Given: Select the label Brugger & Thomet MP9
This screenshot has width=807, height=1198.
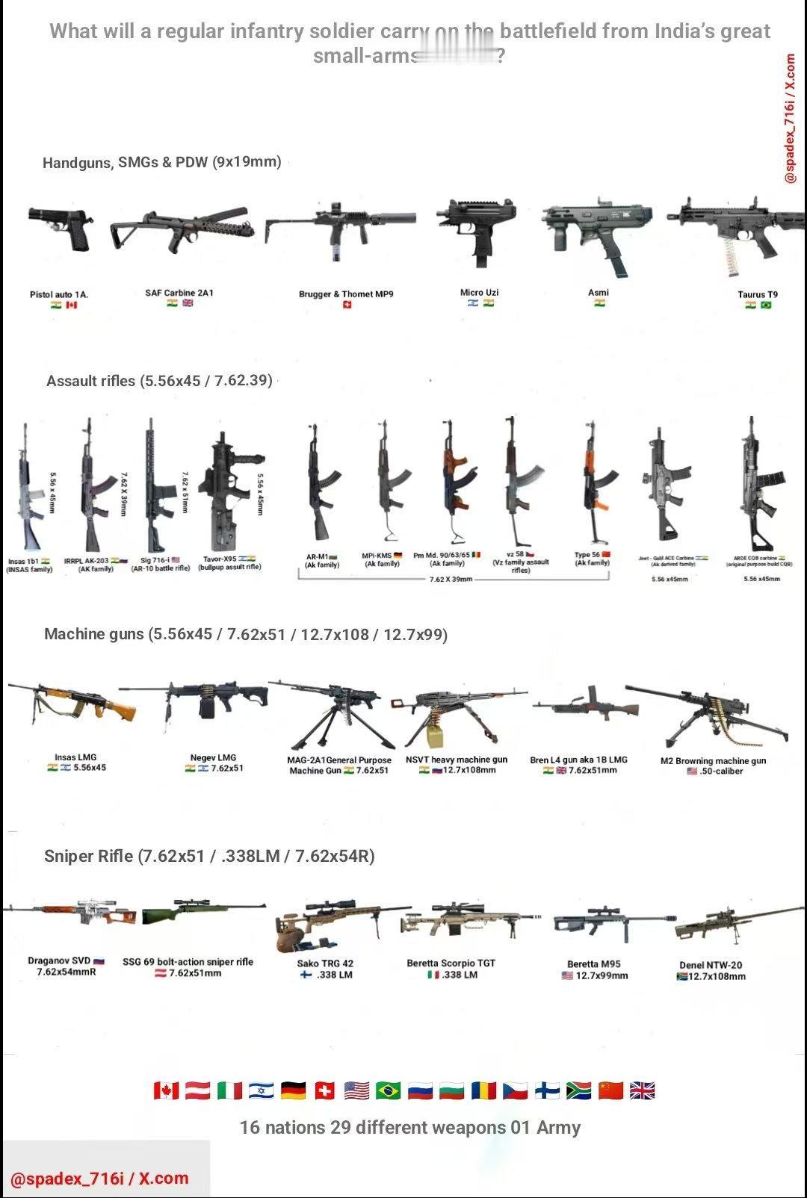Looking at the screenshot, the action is tap(346, 294).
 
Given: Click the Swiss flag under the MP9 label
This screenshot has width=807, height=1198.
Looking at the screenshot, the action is tap(347, 305).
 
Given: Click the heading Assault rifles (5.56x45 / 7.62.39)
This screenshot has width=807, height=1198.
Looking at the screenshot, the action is tap(159, 380).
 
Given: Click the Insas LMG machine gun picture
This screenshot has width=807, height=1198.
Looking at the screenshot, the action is tap(71, 702).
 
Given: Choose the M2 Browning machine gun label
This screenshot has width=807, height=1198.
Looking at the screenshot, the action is tap(713, 760).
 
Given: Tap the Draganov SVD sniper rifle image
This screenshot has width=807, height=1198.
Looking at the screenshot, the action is tap(71, 912).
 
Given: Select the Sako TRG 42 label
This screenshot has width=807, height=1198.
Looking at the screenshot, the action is tap(325, 963).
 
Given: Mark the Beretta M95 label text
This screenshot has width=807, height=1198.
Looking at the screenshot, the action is tap(593, 963).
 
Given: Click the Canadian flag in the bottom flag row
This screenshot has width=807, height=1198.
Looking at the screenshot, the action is tap(166, 1090).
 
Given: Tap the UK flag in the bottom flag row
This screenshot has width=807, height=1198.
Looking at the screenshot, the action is tap(643, 1090).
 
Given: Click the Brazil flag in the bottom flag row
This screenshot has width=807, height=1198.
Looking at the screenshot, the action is tap(389, 1090).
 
